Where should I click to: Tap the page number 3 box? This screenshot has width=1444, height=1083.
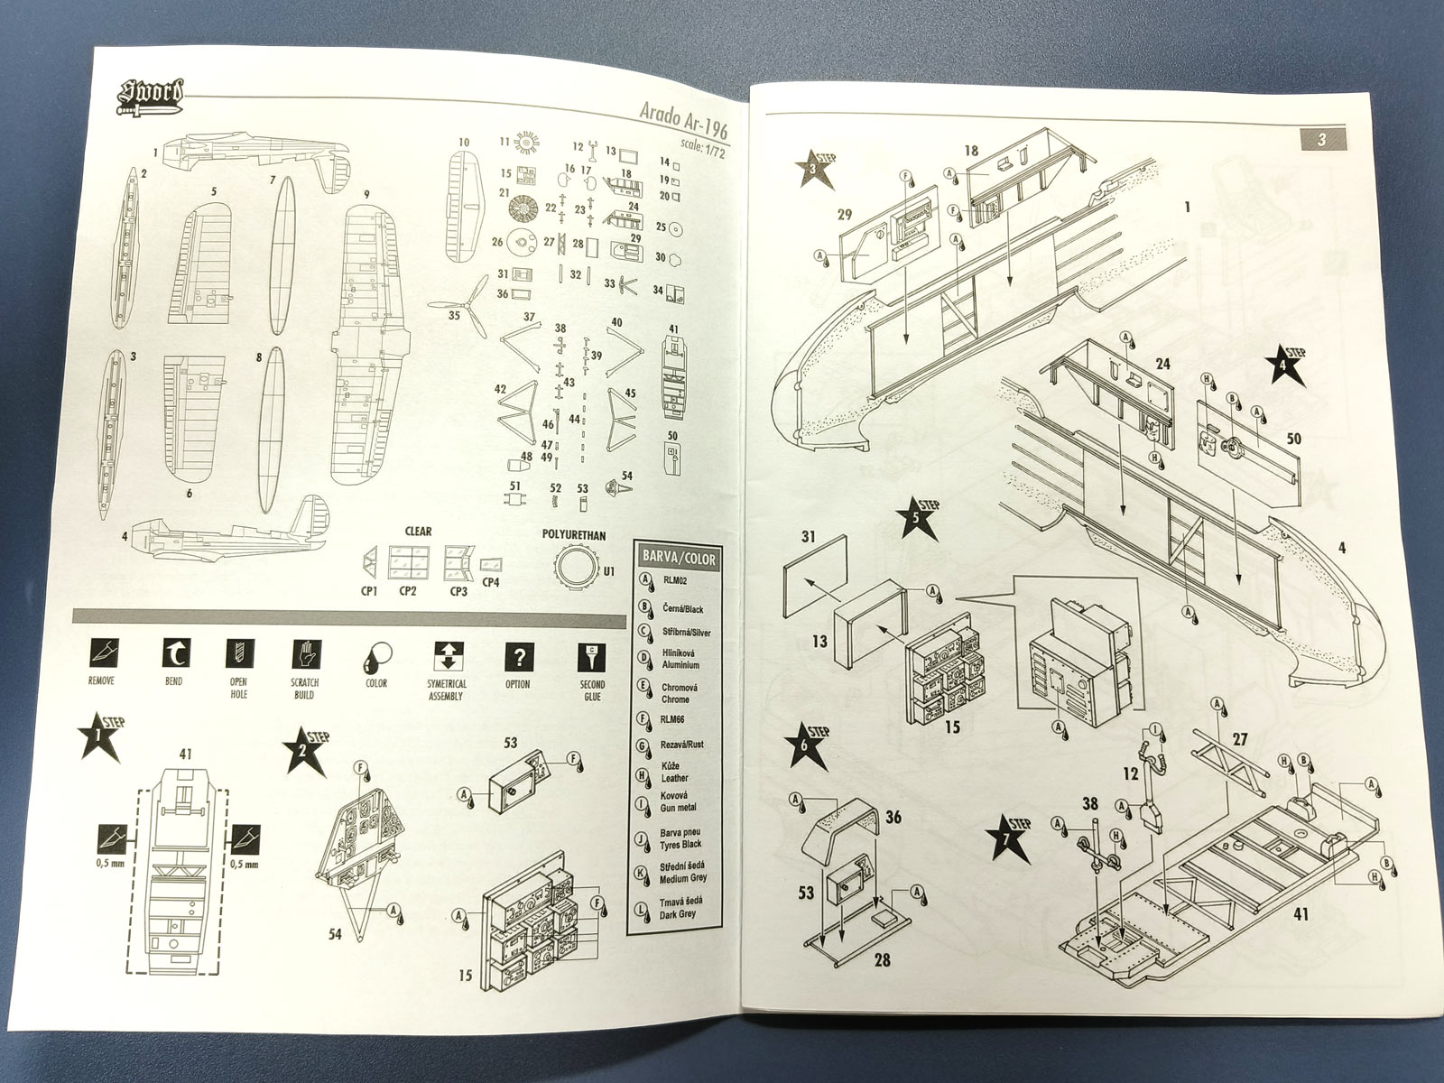1321,139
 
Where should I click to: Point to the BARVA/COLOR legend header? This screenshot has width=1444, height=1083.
676,559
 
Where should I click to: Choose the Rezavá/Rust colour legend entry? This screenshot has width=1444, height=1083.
681,745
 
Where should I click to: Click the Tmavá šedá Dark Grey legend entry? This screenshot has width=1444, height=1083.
681,906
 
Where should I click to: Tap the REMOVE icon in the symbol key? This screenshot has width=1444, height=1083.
101,654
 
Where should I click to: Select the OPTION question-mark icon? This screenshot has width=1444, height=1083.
518,656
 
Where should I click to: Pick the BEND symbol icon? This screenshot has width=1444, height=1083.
172,654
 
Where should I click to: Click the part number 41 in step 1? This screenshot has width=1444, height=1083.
186,753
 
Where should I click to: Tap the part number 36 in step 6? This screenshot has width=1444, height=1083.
893,818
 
